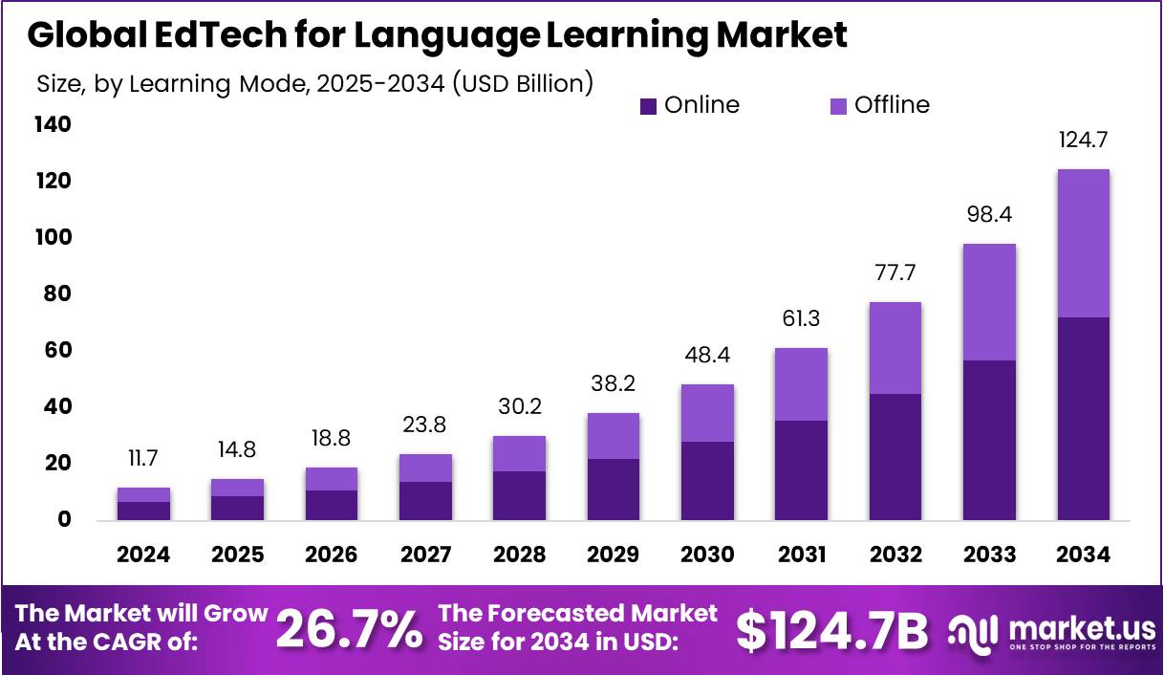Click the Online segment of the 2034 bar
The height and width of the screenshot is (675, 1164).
point(1083,418)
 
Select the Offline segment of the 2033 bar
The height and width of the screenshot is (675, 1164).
point(989,302)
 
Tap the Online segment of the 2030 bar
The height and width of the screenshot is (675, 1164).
point(707,480)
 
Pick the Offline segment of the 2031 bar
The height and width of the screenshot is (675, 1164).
point(801,384)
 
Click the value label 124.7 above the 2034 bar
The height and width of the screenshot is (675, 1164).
point(1083,141)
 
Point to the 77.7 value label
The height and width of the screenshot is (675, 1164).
point(895,273)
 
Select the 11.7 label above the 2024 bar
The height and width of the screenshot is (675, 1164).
point(143,459)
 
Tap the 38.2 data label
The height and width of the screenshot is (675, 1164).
point(614,384)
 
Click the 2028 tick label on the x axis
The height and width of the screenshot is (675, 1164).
point(520,555)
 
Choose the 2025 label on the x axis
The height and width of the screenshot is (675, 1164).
point(237,555)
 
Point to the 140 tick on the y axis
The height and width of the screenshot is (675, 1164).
point(53,124)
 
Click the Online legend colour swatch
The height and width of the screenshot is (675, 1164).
point(649,106)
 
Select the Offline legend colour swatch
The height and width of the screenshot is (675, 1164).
point(838,106)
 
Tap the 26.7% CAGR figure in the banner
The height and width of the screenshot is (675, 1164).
point(349,629)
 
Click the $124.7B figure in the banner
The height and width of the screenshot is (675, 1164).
point(832,629)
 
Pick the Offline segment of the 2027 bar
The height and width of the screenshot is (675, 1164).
point(425,468)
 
